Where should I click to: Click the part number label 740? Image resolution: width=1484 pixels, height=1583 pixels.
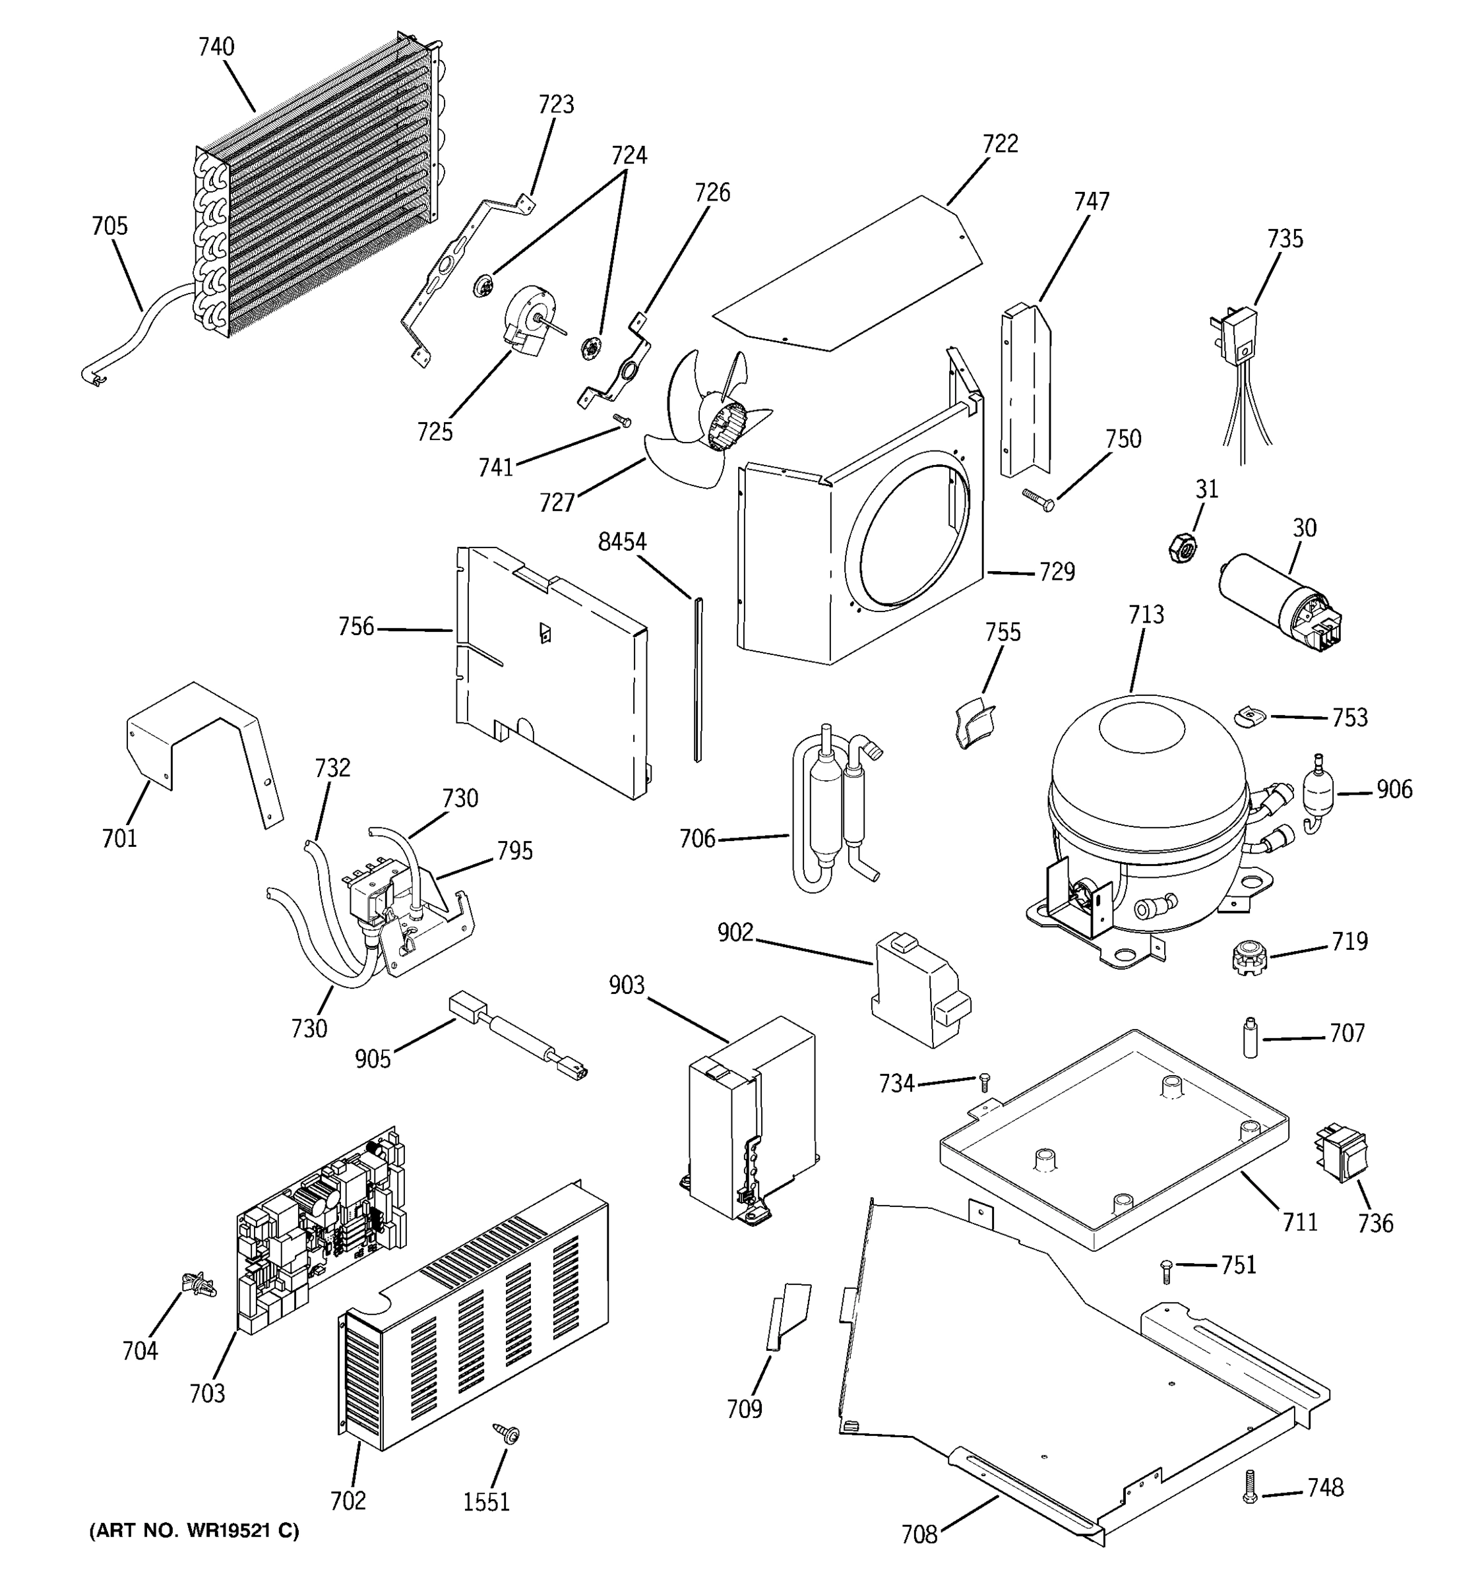(x=216, y=47)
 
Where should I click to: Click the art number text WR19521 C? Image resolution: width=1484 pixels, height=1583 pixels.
(x=195, y=1530)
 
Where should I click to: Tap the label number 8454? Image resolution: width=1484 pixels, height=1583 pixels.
(x=622, y=542)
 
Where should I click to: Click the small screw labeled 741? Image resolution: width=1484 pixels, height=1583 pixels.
(x=621, y=419)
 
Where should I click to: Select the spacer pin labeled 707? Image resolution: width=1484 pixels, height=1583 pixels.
(x=1251, y=1038)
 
